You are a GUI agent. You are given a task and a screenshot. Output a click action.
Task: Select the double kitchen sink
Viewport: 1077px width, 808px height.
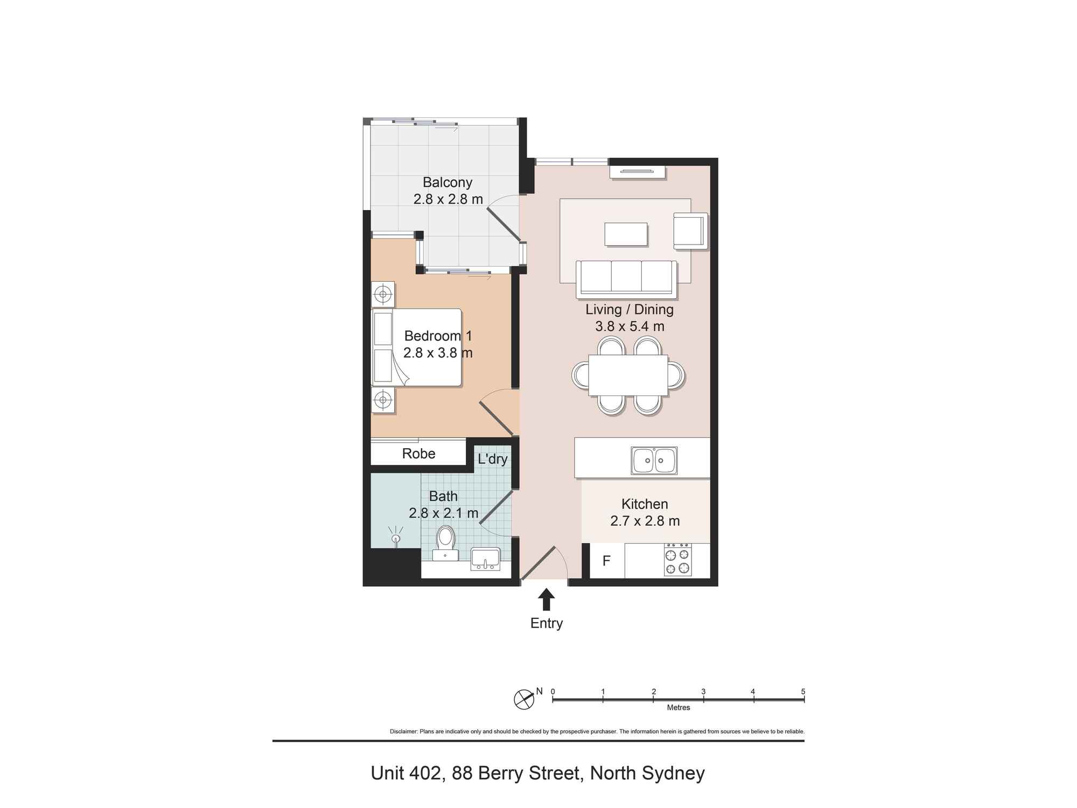click(x=654, y=461)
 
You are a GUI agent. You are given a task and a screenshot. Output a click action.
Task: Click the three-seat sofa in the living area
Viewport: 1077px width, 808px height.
click(x=626, y=279)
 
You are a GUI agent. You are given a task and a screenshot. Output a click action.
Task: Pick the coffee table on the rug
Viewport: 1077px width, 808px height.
click(x=626, y=234)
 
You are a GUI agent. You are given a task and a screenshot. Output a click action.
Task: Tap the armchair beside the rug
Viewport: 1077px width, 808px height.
click(x=690, y=231)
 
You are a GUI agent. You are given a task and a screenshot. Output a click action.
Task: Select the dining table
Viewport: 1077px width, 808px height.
click(x=628, y=375)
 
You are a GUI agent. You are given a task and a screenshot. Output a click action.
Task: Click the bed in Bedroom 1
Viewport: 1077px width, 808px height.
click(x=417, y=347)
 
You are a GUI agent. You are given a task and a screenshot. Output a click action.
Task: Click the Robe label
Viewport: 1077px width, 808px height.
click(x=418, y=454)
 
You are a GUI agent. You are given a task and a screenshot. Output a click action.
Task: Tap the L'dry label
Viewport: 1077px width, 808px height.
click(x=492, y=459)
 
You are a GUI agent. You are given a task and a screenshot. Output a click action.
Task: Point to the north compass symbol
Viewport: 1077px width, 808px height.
click(x=524, y=699)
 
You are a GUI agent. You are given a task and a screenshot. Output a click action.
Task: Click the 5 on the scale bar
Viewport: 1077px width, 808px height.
click(x=803, y=692)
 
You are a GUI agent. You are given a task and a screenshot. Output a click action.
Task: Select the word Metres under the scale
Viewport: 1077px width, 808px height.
click(x=678, y=708)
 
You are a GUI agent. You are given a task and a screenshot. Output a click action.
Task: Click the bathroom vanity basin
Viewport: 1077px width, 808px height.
click(x=485, y=559)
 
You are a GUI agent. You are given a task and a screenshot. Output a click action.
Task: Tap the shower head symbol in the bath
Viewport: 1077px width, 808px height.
click(x=396, y=538)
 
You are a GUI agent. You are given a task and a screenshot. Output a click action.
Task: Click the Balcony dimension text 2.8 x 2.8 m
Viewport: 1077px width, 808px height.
click(x=448, y=199)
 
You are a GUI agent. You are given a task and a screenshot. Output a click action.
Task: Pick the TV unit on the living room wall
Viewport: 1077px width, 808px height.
click(x=638, y=172)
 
